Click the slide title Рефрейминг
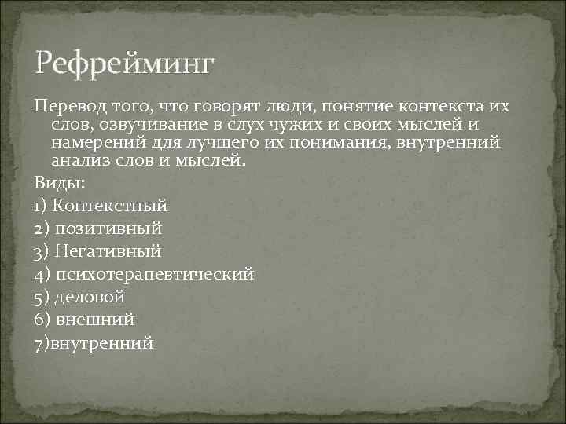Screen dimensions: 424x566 [x=123, y=64]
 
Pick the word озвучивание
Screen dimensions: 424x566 [x=162, y=125]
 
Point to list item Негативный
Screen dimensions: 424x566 [x=108, y=251]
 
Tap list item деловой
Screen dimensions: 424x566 [x=90, y=297]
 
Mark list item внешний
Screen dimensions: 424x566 [x=95, y=320]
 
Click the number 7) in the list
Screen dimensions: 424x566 [x=42, y=342]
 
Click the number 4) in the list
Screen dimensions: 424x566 [x=42, y=274]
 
